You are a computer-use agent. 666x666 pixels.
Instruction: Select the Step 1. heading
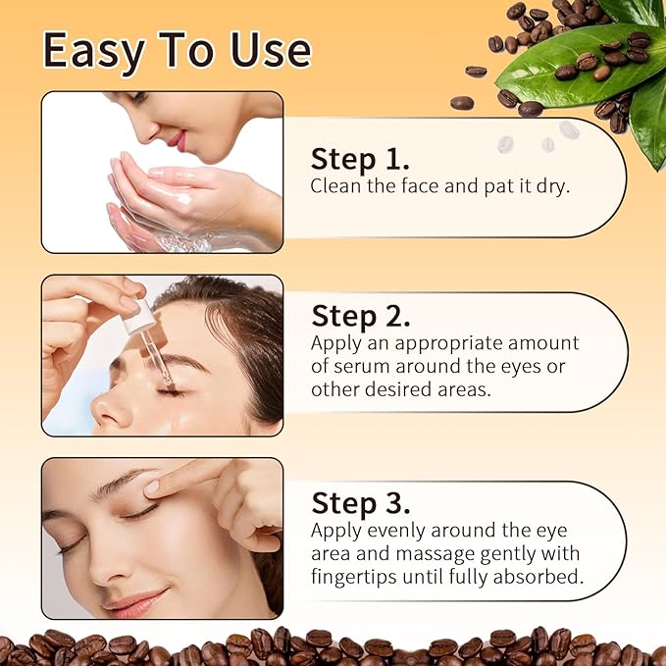360,159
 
